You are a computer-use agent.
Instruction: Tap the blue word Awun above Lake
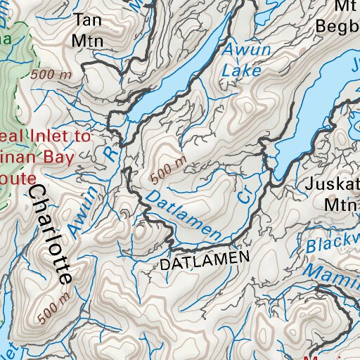236,50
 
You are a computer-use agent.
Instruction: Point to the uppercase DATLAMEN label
205,262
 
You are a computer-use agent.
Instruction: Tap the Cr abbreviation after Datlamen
243,196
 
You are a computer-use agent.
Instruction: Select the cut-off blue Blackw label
333,243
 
